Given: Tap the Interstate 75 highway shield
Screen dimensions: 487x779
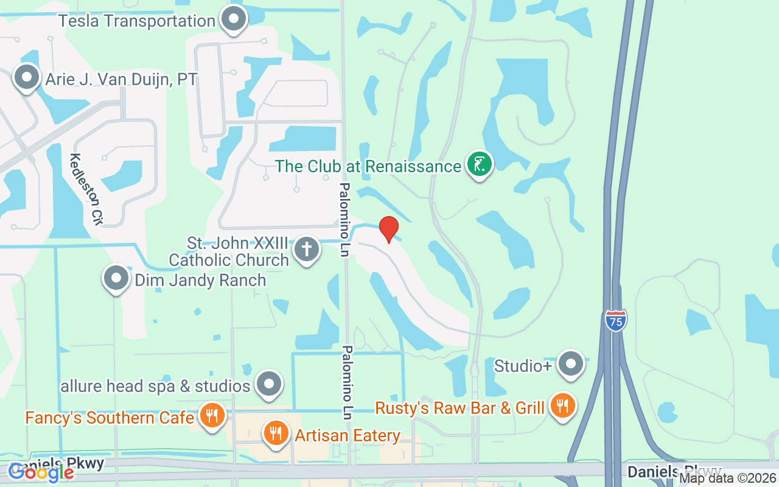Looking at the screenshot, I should [x=616, y=320].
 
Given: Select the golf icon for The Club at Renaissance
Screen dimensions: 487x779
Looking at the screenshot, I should [x=480, y=165].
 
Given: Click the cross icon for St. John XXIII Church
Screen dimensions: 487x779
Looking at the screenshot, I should [x=307, y=250].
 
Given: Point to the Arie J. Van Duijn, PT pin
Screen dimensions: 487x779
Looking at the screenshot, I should [x=26, y=78].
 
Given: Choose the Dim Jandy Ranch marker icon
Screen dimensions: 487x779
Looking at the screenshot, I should [x=116, y=279].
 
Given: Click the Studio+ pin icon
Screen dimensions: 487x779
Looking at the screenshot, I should [x=570, y=364].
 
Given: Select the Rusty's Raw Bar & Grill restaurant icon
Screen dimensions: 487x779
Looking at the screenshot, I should [x=563, y=406].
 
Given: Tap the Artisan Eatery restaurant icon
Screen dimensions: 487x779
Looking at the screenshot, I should [x=276, y=434].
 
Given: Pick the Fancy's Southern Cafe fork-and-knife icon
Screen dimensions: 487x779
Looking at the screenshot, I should [x=212, y=416].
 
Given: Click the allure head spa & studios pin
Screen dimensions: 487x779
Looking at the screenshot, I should [x=268, y=385].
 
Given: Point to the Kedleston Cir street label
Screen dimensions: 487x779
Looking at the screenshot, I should [x=85, y=189].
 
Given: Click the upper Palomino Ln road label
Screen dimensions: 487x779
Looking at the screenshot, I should [x=344, y=219].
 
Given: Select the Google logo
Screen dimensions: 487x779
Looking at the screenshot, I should [x=41, y=472].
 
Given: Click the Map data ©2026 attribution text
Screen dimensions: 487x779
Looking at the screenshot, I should [x=727, y=478].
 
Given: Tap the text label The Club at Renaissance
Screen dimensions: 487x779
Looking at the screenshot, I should [x=368, y=166].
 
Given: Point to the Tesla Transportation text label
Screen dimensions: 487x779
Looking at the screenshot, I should [x=137, y=21].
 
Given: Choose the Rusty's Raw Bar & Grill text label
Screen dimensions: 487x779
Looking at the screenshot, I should [x=459, y=408].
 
